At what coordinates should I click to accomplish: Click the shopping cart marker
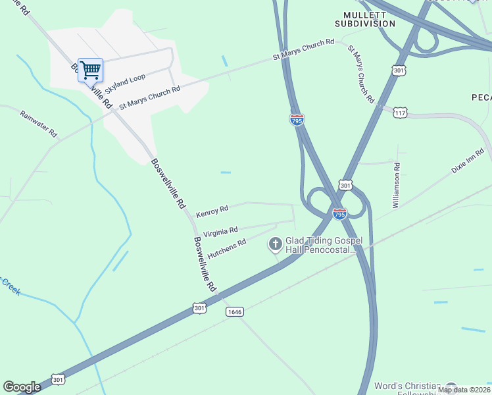90,70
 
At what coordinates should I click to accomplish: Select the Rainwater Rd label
39,123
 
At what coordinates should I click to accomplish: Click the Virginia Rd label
220,230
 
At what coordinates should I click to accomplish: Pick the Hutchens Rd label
226,249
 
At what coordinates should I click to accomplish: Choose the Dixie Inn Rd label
468,161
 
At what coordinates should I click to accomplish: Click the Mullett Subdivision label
370,19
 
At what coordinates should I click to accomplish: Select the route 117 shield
401,113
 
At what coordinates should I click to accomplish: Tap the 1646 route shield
235,311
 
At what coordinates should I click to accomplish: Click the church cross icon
275,245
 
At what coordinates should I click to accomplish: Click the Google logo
22,387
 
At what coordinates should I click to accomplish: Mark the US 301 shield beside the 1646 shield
201,307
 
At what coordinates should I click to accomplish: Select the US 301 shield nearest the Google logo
59,379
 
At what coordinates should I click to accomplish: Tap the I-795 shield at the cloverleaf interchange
339,214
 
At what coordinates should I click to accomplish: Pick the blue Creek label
9,286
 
